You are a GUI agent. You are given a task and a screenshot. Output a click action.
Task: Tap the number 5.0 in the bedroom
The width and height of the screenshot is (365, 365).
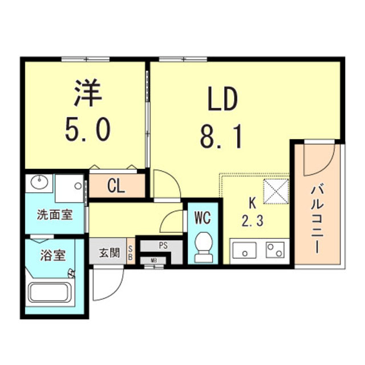[87, 131]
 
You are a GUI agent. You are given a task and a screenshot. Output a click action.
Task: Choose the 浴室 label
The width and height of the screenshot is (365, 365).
[54, 255]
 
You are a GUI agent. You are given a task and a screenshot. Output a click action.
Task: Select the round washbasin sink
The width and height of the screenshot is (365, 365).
[39, 184]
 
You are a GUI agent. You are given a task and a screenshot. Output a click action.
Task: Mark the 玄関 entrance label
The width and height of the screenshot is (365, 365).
[108, 252]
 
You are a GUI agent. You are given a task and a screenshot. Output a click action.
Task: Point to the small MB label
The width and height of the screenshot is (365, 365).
[153, 261]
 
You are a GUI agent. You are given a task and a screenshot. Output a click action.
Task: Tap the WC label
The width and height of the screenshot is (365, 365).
[204, 217]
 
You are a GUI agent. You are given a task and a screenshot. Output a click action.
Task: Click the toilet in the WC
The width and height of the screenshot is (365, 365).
[204, 247]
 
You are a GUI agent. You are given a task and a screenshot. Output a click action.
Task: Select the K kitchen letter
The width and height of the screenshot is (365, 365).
[251, 202]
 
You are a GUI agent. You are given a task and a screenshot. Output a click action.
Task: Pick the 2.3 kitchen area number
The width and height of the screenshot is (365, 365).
[251, 221]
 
